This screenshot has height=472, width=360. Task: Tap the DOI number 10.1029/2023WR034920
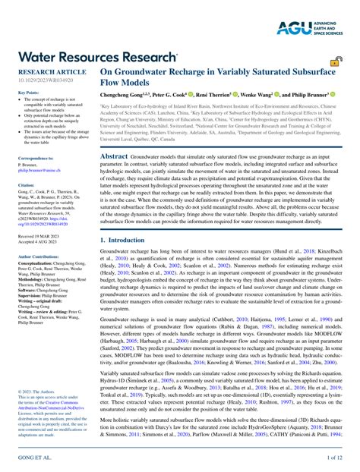[44, 78]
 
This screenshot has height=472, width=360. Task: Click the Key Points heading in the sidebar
[29, 93]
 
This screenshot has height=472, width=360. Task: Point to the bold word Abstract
[115, 154]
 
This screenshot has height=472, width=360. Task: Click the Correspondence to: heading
[36, 158]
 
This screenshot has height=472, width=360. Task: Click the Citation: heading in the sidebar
[27, 184]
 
